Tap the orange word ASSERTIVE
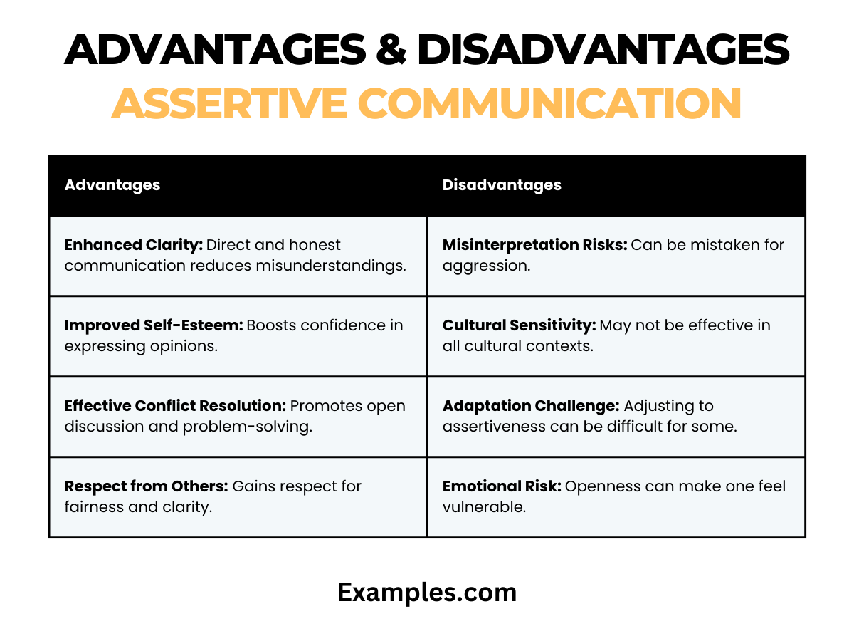point(228,104)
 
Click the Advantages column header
point(112,185)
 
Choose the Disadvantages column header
point(502,185)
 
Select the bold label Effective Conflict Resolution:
point(175,406)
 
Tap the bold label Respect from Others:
point(146,486)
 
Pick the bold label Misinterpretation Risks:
point(534,245)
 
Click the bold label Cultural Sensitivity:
point(519,325)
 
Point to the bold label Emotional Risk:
point(502,486)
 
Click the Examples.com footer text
point(427,593)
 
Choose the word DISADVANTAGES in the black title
point(603,50)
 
